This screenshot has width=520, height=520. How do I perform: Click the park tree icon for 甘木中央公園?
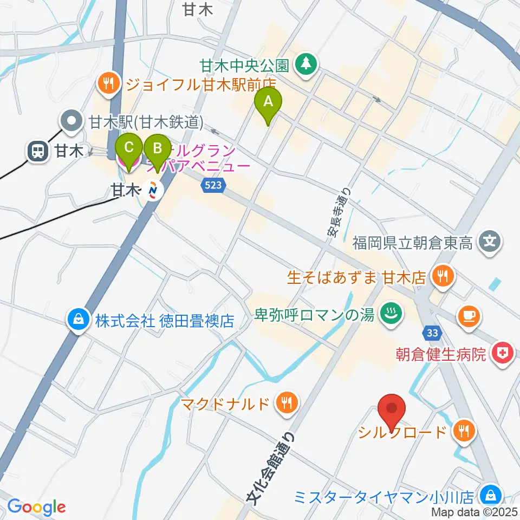point(307,65)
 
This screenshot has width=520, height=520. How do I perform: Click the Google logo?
point(36,506)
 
